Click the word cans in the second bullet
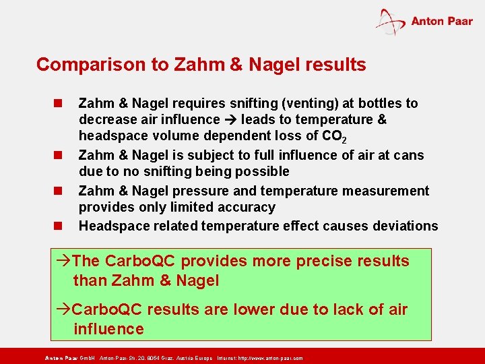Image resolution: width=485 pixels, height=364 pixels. click(410, 155)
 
